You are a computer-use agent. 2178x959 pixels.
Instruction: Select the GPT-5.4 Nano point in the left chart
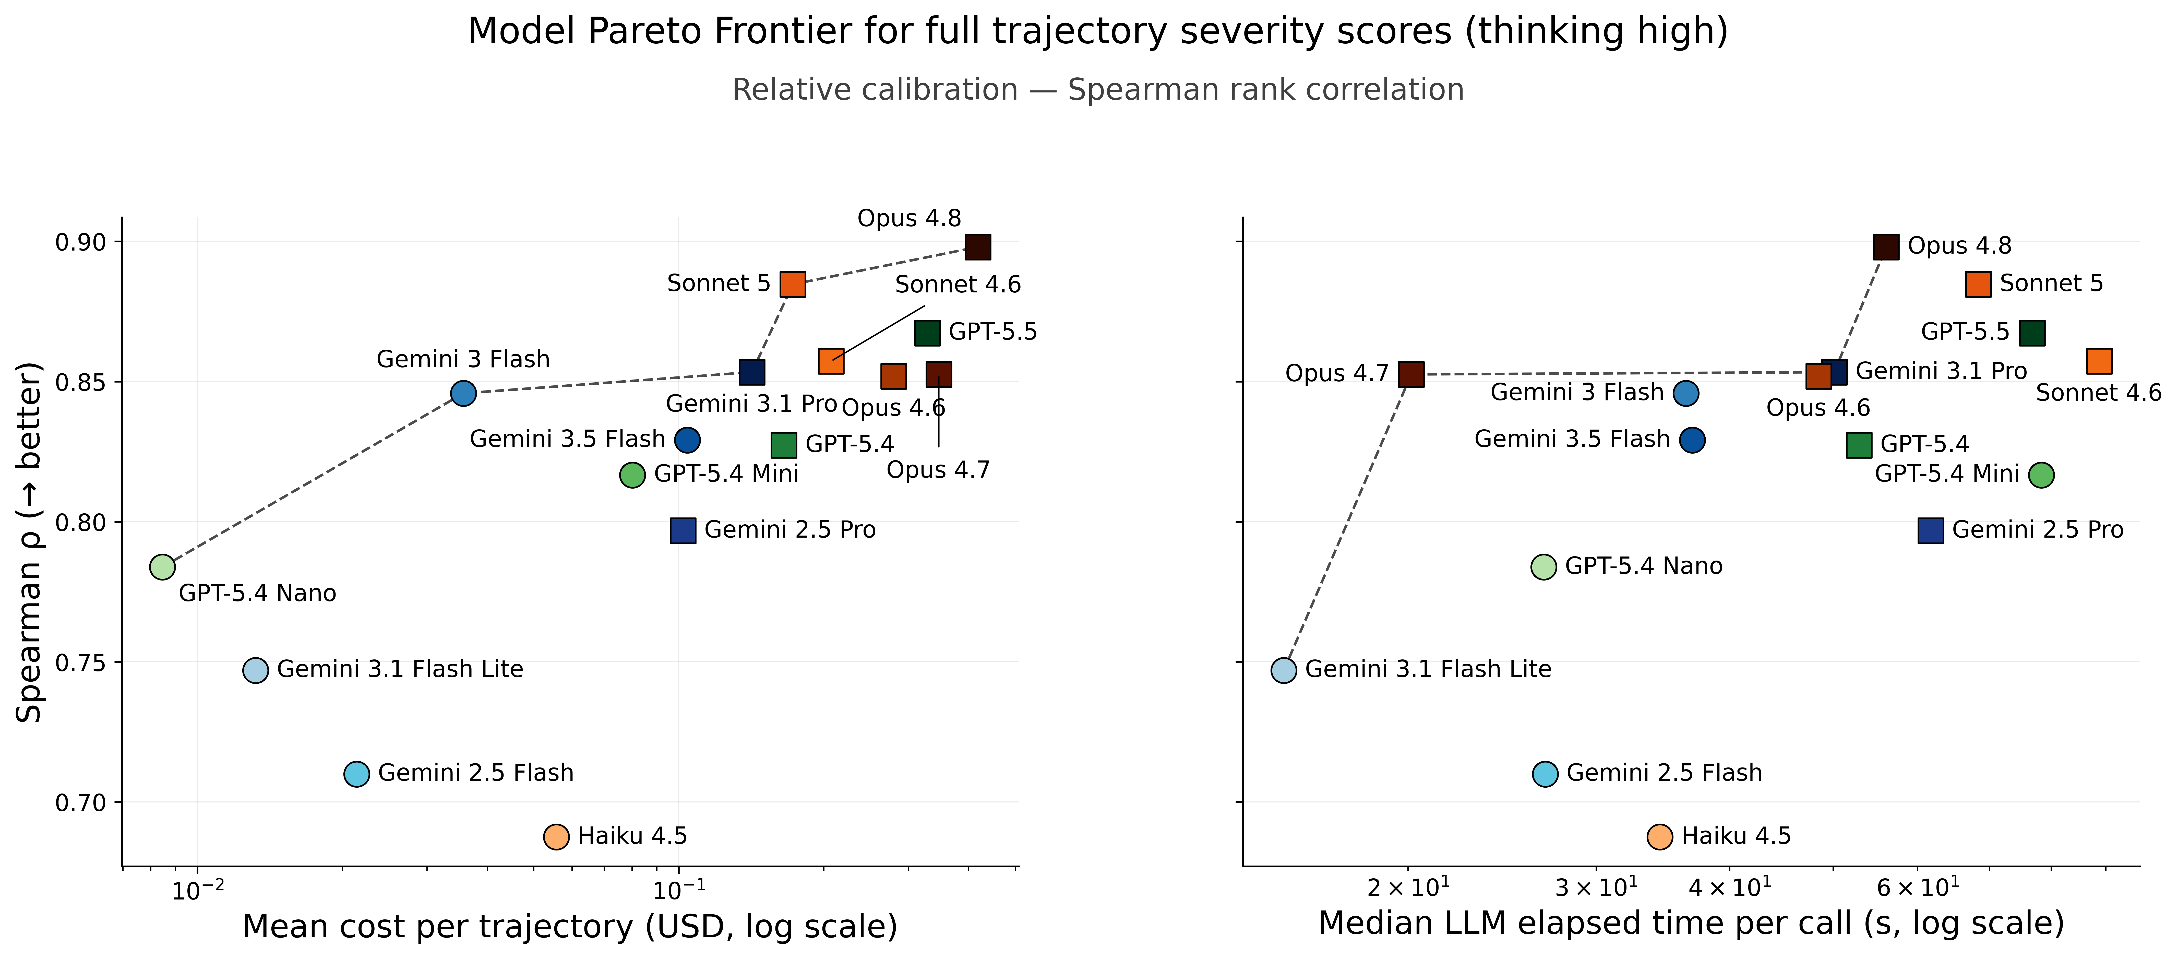tap(162, 567)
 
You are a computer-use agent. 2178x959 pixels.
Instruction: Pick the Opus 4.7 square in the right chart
tap(1410, 374)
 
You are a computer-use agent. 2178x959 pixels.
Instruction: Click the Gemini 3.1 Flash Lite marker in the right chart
tap(1284, 670)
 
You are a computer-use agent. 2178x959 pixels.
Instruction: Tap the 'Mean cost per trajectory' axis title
tap(570, 927)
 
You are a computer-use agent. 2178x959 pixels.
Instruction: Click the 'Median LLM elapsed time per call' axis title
tap(1691, 924)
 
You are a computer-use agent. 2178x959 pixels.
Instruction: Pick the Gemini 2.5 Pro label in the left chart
tap(790, 530)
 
